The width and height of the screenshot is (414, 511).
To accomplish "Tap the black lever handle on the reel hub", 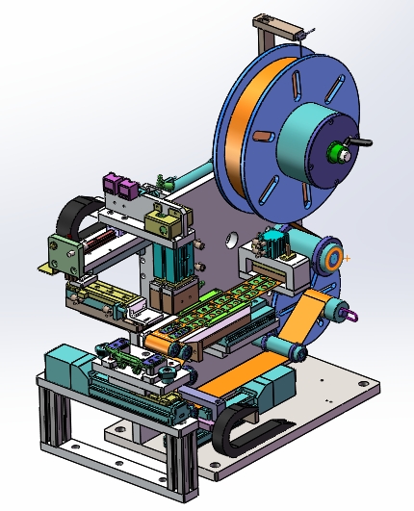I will coord(361,143).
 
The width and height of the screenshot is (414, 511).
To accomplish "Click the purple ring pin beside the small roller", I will coord(350,312).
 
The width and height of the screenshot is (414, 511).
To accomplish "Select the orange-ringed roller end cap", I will coord(332,258).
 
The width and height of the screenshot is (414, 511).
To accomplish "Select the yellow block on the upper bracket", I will coord(166,223).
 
